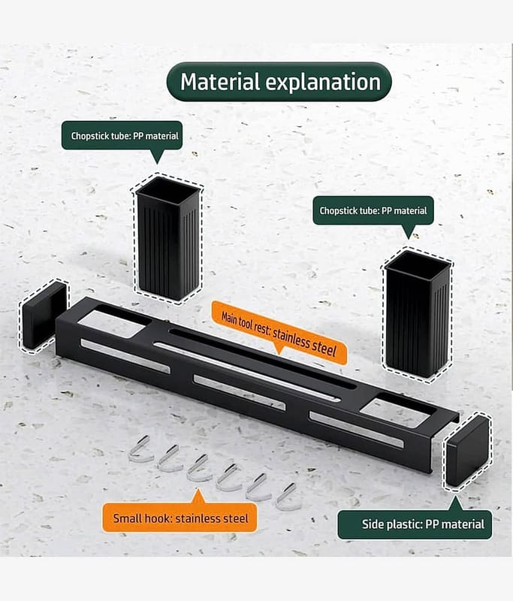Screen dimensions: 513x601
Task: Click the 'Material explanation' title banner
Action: [279, 82]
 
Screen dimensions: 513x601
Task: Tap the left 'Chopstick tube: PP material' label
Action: [122, 135]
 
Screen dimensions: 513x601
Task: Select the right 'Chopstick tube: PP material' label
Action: [373, 210]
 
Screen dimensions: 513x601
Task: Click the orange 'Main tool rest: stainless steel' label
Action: [279, 333]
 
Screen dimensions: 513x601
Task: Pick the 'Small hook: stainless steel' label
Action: [180, 518]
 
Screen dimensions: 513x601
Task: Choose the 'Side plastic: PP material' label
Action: [415, 524]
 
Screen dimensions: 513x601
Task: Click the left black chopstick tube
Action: [168, 238]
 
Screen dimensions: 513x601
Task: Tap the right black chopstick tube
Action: [417, 313]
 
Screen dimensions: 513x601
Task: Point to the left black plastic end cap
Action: [44, 314]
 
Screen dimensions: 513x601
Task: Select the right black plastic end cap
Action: [467, 452]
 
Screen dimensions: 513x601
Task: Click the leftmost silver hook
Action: [140, 449]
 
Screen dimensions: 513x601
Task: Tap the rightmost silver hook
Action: [288, 497]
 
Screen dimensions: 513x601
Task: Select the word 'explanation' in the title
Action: [323, 83]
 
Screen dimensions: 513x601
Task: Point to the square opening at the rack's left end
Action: [112, 324]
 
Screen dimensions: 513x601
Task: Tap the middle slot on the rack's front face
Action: [240, 392]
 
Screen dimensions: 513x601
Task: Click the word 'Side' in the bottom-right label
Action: [375, 524]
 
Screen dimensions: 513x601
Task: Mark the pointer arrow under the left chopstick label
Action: [157, 156]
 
